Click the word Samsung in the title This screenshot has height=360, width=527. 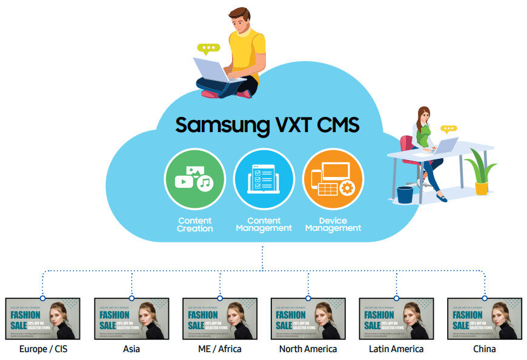[x=220, y=124]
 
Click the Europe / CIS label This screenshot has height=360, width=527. [x=43, y=349]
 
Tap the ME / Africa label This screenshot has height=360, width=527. [x=219, y=349]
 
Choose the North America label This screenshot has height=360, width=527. [x=308, y=349]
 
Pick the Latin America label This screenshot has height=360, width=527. [x=396, y=349]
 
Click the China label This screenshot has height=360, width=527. [x=484, y=349]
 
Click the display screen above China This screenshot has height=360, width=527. [x=484, y=319]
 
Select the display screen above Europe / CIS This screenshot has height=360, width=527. [x=43, y=319]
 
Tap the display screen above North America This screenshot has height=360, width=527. [x=308, y=319]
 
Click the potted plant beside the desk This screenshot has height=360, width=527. [x=482, y=173]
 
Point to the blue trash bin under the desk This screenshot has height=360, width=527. [x=405, y=195]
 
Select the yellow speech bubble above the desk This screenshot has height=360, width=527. [x=448, y=129]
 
